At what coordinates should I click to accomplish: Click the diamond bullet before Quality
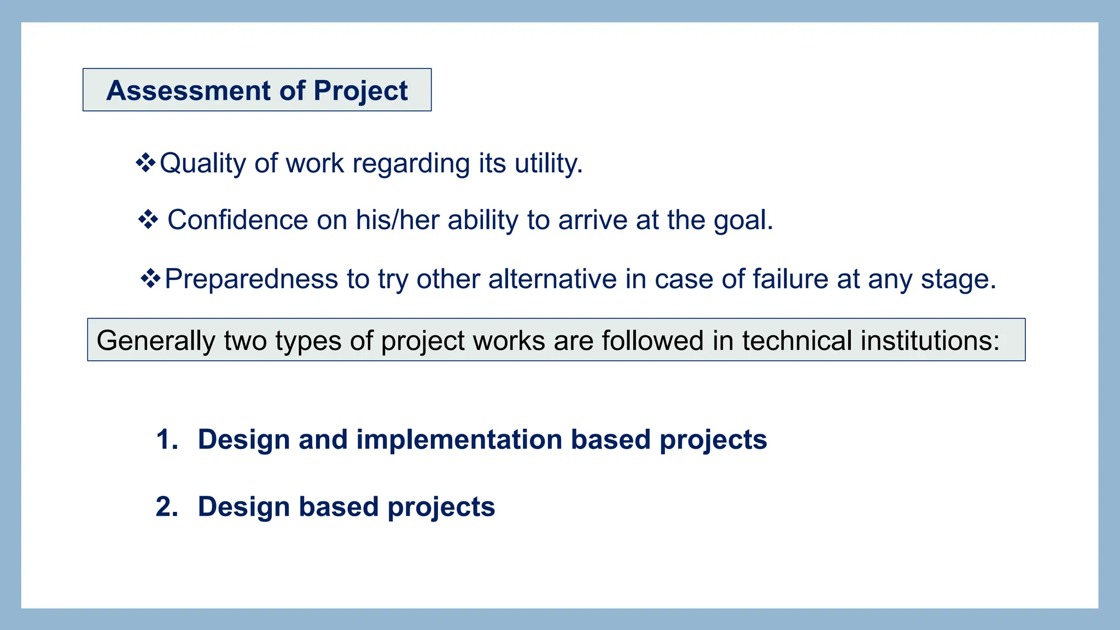145,163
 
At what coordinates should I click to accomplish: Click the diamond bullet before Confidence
148,220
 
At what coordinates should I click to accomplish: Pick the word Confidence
237,220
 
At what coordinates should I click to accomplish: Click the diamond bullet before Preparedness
150,279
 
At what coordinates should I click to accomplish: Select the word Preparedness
251,279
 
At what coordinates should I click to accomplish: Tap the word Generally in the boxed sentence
156,341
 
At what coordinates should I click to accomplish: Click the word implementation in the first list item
459,440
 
